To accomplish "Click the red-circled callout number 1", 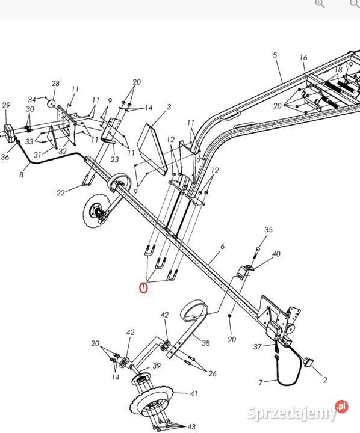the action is (143, 288).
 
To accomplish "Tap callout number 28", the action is (55, 84).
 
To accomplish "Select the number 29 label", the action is (6, 105).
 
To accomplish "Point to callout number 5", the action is (275, 55).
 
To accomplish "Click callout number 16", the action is (303, 58).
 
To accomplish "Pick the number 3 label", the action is (169, 106).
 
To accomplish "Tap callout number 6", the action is (223, 247).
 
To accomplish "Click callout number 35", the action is (268, 230).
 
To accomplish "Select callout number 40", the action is (276, 254).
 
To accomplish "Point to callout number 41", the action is (194, 393).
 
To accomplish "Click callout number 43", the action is (191, 426).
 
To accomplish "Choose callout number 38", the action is (205, 343).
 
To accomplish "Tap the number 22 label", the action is (61, 193).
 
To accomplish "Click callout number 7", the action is (261, 382).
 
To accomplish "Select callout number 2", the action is (325, 380).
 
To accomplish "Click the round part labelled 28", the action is (51, 104).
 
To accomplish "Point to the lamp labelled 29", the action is (10, 133).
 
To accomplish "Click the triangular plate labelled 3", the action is (152, 149).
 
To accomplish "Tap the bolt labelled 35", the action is (256, 253).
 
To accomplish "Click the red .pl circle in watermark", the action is (342, 407).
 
